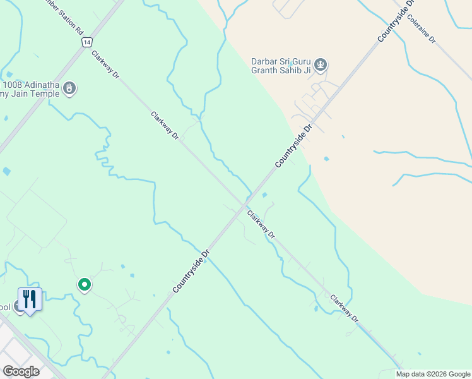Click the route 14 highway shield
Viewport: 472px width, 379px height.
[x=86, y=41]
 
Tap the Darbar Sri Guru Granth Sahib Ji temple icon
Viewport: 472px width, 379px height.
[x=321, y=64]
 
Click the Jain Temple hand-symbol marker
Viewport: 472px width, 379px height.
[x=69, y=89]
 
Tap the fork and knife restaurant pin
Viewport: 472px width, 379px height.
[x=29, y=299]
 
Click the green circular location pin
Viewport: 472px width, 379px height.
[x=84, y=285]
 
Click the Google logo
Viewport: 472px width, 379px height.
[x=20, y=371]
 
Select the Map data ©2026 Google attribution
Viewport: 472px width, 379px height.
[x=433, y=374]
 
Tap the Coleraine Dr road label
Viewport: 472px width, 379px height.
[x=422, y=29]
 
